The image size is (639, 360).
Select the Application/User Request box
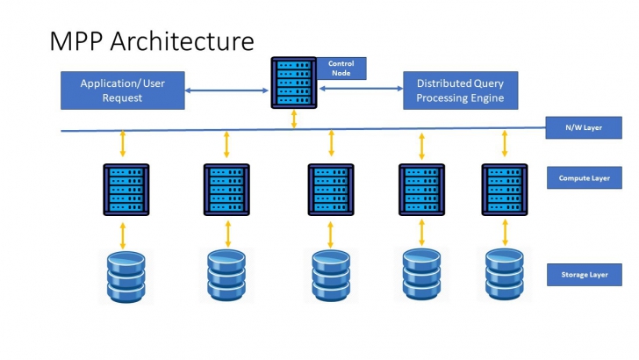tap(123, 90)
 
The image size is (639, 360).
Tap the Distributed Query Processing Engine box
tap(460, 90)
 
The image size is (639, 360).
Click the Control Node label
tap(341, 68)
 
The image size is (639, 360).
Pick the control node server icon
tap(294, 82)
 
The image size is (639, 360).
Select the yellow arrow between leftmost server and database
tap(124, 234)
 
